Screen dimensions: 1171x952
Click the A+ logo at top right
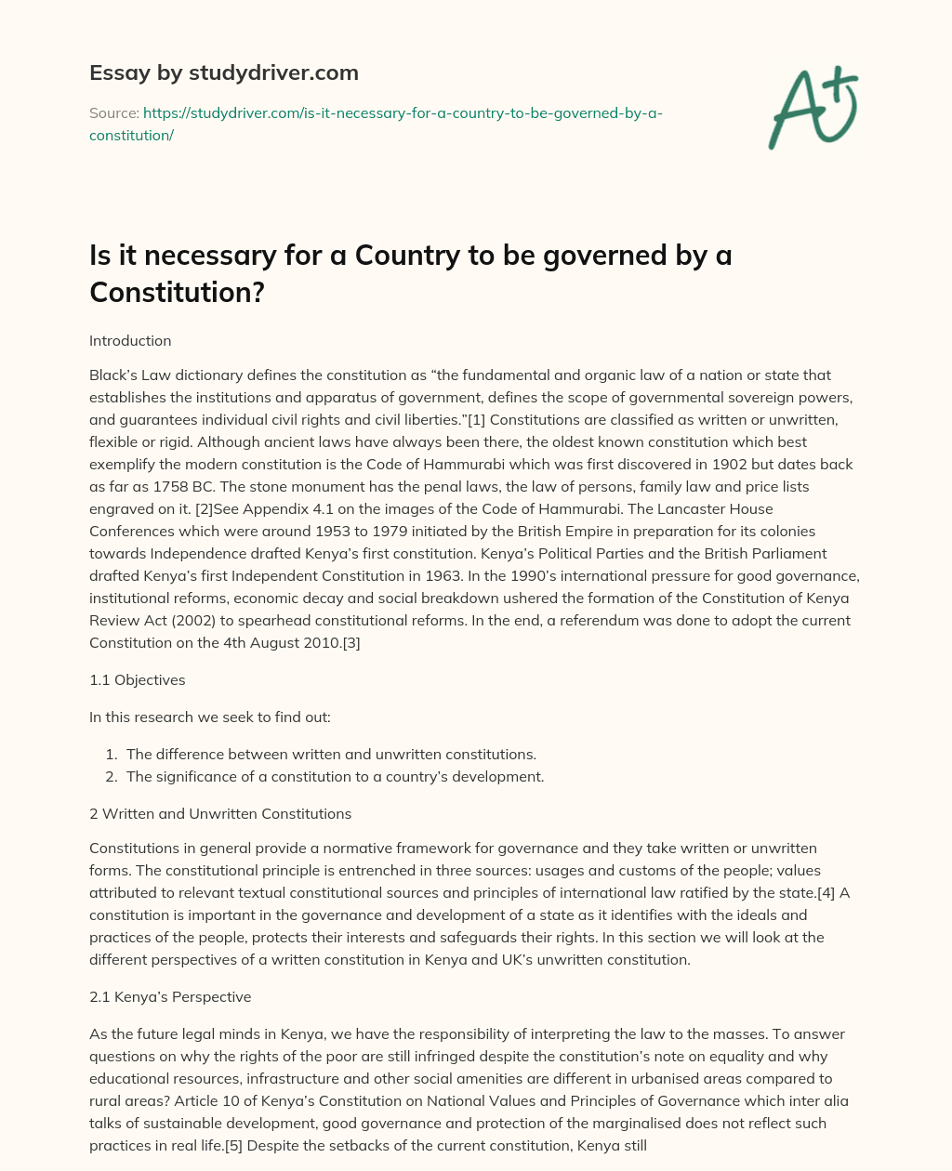point(813,108)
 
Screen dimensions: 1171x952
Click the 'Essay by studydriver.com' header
point(223,72)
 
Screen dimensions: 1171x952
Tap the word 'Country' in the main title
point(405,256)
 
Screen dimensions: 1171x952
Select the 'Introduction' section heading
point(130,340)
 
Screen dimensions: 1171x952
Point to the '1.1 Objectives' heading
point(137,679)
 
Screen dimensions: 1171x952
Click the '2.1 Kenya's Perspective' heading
point(170,996)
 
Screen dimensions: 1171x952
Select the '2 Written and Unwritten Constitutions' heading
point(220,813)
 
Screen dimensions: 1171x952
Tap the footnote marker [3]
point(350,642)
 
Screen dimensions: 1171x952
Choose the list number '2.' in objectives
point(112,776)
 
